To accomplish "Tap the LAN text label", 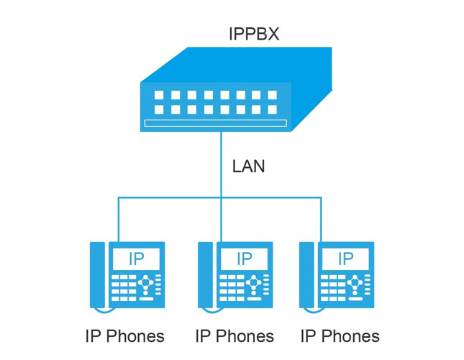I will pos(249,167).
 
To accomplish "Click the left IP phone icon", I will pos(127,276).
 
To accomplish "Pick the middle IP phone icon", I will pos(235,276).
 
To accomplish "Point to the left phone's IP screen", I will pos(135,258).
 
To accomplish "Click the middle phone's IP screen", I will pos(244,258).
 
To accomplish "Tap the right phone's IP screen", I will pos(345,258).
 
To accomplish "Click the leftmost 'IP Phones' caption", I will pos(124,336).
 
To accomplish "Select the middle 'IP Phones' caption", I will pos(235,336).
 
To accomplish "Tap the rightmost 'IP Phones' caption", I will pos(340,336).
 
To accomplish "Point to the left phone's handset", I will pos(97,276).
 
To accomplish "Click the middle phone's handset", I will pos(206,276).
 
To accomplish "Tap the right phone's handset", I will pos(307,276).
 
